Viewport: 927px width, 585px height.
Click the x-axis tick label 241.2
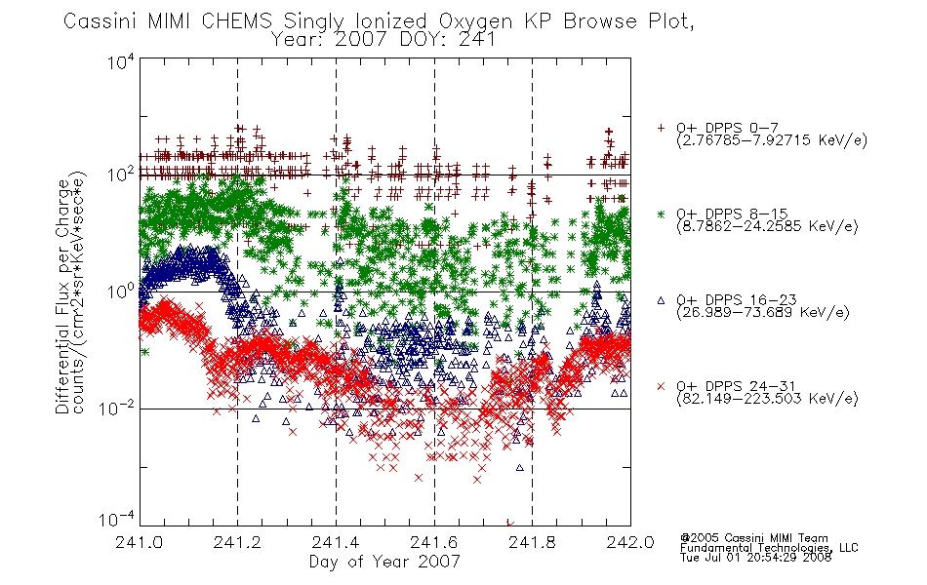point(237,542)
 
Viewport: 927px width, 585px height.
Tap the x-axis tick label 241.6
point(434,542)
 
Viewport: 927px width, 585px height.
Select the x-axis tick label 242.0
point(630,542)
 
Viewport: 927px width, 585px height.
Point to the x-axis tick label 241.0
point(139,542)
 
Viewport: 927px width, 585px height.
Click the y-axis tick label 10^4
point(121,61)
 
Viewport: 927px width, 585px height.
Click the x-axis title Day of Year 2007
point(384,562)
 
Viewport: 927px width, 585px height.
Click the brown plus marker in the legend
point(661,128)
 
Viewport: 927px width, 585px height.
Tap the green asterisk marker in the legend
point(661,214)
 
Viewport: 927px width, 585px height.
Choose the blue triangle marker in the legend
point(661,300)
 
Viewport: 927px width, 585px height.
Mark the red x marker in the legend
point(661,386)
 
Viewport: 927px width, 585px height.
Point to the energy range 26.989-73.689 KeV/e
point(763,313)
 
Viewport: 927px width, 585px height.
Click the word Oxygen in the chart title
point(475,21)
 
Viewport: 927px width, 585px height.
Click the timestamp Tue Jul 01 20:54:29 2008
point(755,558)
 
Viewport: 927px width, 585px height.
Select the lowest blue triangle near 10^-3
point(520,467)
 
